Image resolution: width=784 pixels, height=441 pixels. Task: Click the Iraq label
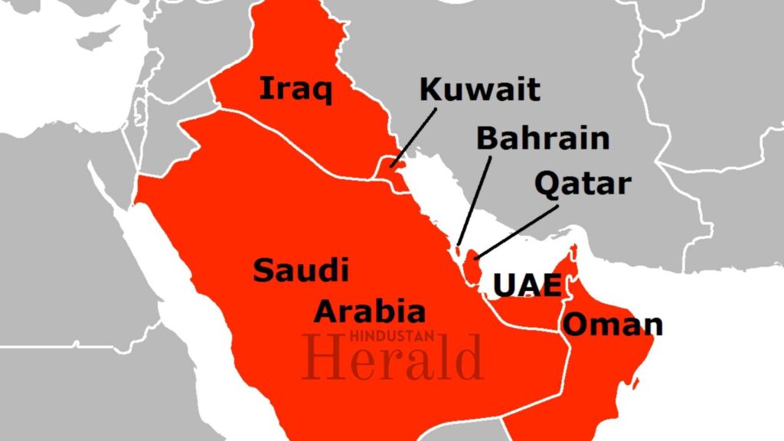296,90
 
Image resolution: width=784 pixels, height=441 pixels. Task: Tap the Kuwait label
480,90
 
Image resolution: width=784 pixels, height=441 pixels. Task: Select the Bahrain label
543,139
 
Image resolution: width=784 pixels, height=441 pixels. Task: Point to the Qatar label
583,184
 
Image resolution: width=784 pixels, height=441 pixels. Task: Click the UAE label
527,285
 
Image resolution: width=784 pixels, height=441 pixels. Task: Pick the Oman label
612,324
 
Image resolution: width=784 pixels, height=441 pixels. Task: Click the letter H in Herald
322,358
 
